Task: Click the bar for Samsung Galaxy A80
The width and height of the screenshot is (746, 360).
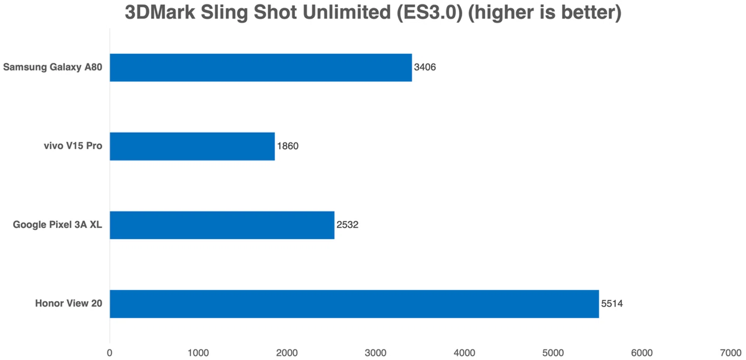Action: coord(260,68)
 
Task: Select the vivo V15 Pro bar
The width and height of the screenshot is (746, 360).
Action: coord(192,146)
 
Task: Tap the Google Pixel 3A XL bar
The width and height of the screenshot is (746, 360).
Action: coord(222,225)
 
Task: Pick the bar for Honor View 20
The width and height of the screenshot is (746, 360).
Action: coord(354,304)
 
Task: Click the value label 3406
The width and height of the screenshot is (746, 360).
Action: coord(425,67)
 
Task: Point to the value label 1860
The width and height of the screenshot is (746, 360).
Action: coord(288,146)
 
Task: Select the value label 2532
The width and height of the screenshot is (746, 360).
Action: coord(347,225)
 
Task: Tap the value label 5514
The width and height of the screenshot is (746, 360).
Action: coord(612,304)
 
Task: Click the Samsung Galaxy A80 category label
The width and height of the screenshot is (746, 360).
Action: coord(52,67)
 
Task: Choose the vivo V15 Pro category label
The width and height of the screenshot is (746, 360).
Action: coord(73,146)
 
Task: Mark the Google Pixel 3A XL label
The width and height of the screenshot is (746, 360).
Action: coord(57,225)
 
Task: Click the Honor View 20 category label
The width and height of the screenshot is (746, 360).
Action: coord(68,303)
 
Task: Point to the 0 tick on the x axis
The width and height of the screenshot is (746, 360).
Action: coord(110,353)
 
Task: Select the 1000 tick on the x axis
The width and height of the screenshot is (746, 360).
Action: coord(198,353)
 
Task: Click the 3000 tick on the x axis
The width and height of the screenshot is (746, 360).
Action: coord(375,353)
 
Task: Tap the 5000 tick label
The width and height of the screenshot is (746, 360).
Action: coord(553,353)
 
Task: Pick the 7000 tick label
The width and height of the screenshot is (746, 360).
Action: coord(730,353)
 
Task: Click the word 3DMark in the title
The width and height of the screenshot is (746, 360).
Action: coord(160,12)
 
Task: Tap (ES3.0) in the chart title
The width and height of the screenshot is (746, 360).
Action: coord(430,12)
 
